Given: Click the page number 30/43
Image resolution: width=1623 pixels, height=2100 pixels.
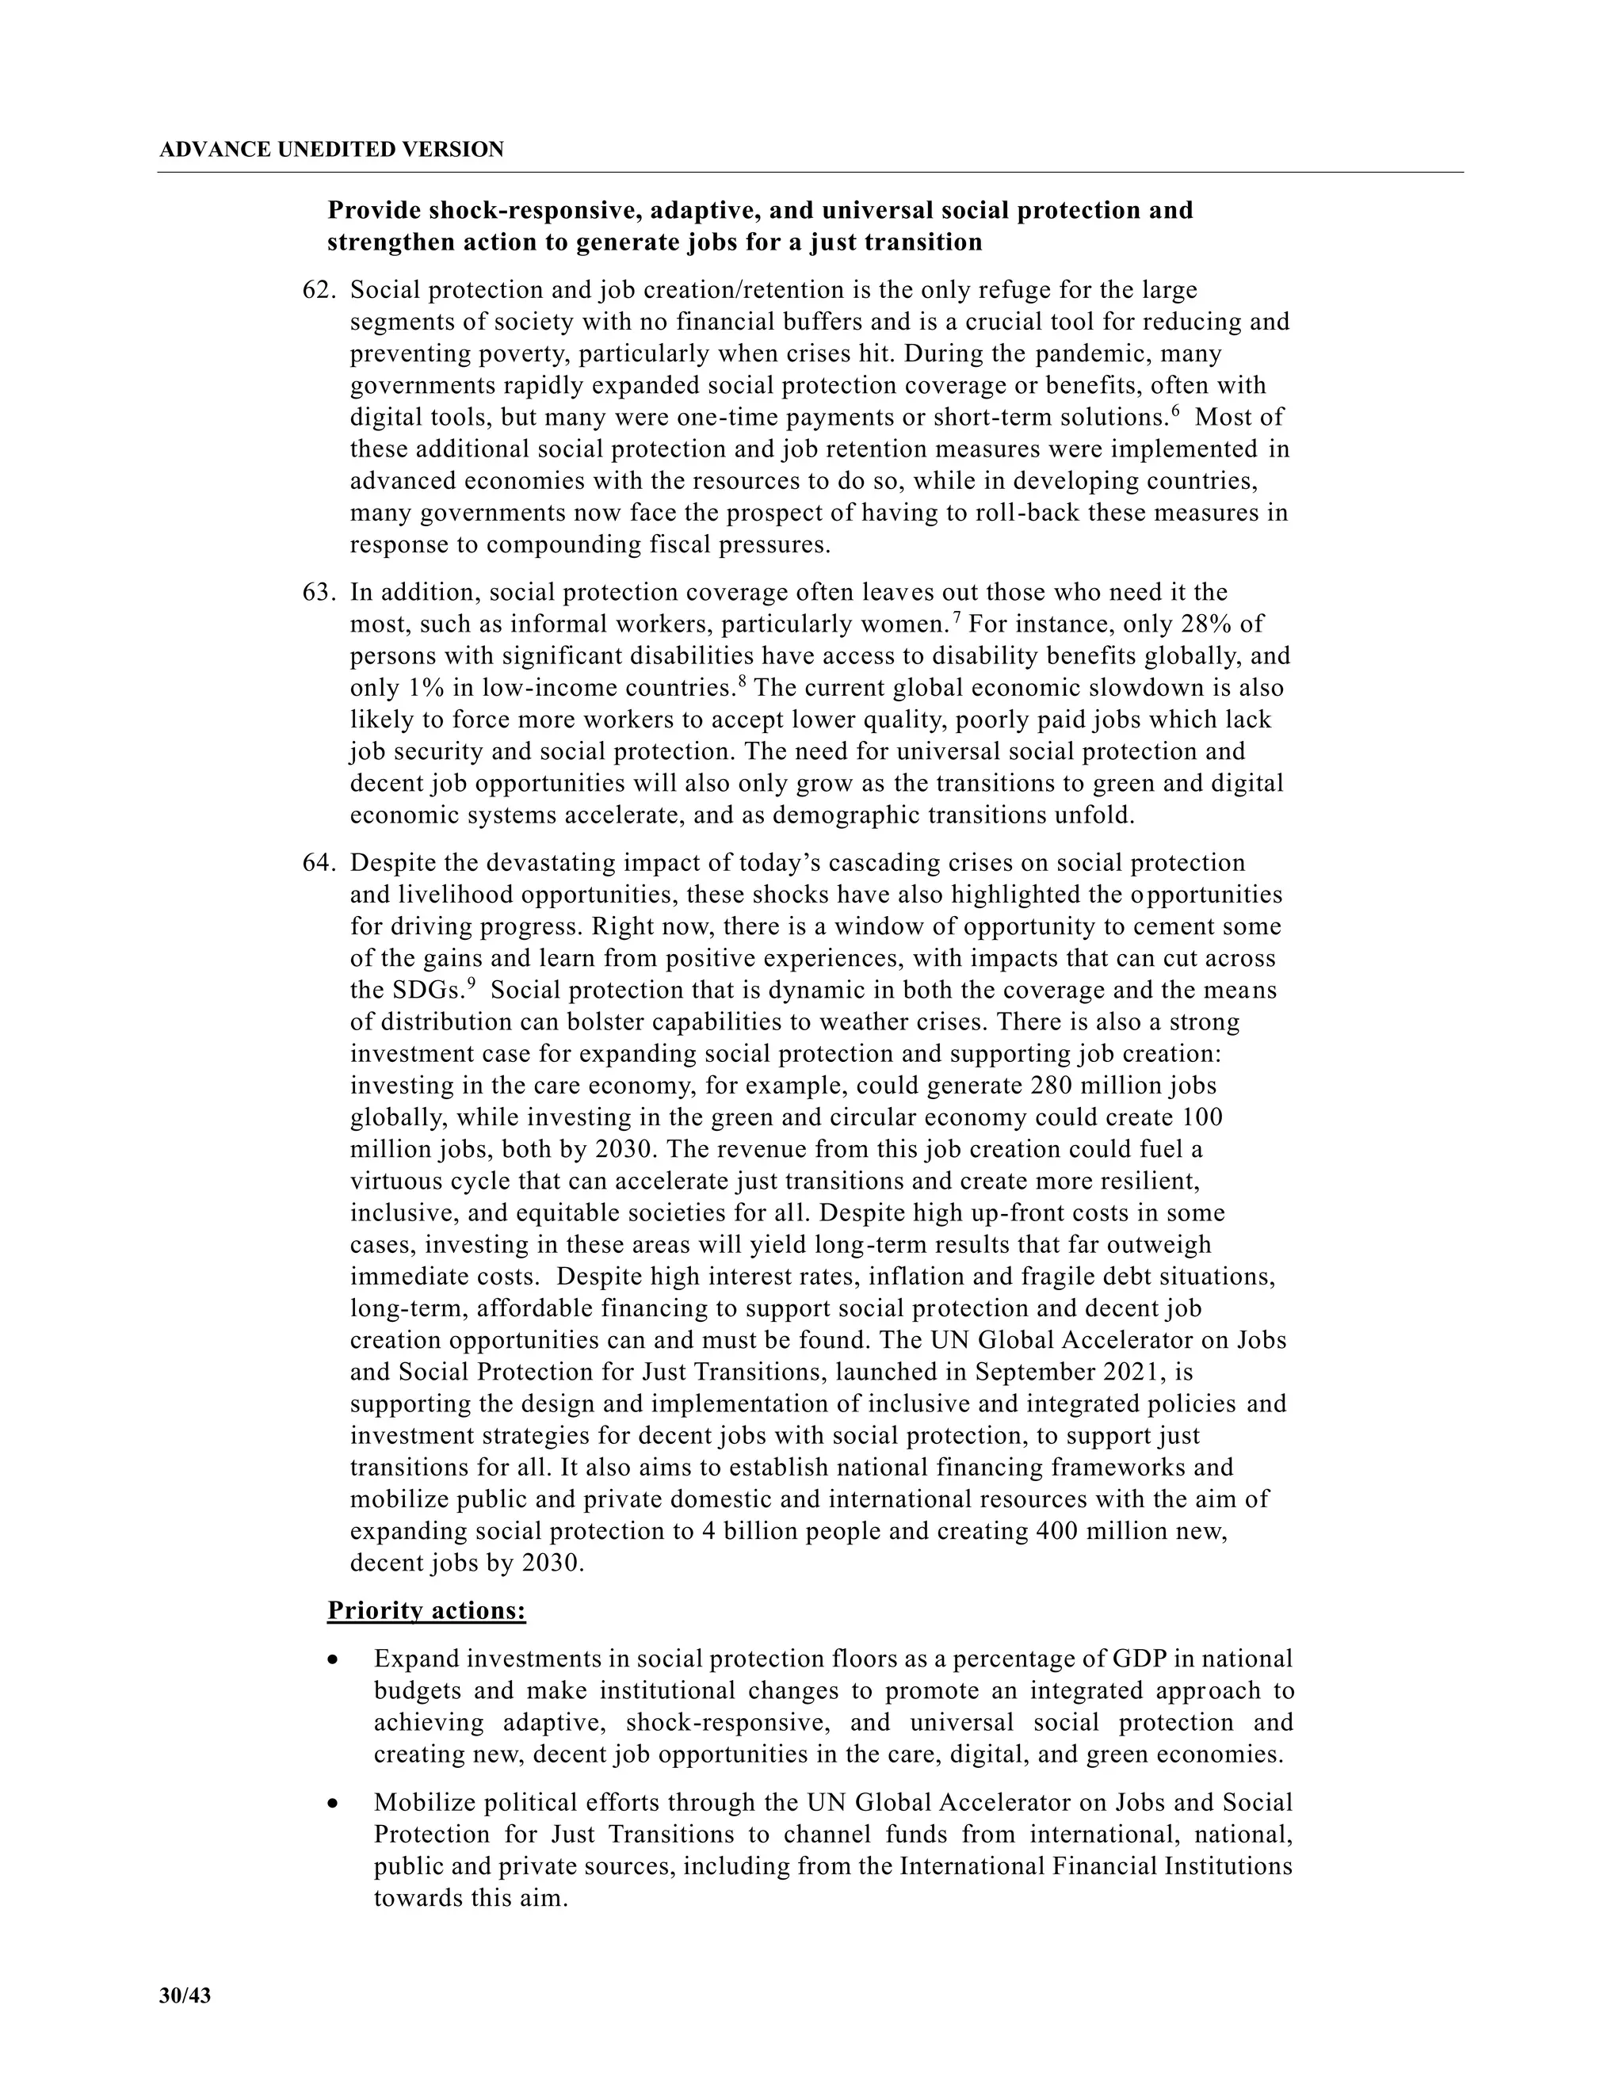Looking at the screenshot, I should click(x=185, y=1995).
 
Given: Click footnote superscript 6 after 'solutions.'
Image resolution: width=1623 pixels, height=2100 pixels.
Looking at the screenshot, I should click(x=1175, y=411).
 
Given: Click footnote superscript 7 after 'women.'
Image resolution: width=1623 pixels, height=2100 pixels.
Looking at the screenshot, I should click(x=956, y=617).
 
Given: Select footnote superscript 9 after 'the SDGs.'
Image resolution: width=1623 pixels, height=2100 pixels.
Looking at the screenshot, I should click(x=472, y=983).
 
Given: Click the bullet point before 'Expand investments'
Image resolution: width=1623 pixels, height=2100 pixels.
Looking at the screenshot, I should click(x=333, y=1660).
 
